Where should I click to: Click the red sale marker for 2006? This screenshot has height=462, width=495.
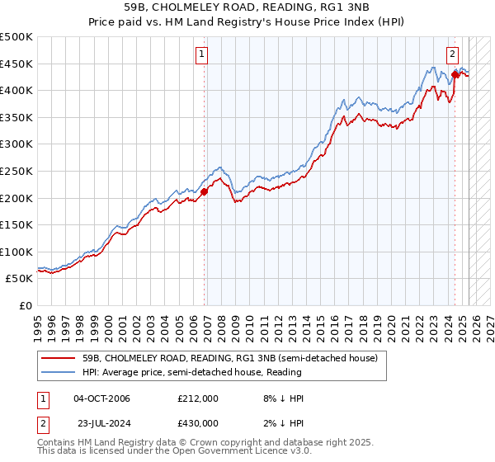(x=204, y=192)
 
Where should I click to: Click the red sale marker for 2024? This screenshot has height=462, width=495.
(x=455, y=74)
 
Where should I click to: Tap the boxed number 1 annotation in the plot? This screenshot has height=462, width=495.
(x=202, y=55)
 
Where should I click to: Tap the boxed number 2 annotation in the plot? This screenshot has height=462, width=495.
(x=453, y=55)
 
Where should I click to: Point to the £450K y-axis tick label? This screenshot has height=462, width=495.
(x=16, y=64)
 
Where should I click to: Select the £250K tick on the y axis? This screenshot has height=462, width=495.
(x=16, y=172)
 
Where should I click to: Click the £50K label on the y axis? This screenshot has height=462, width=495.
(x=20, y=279)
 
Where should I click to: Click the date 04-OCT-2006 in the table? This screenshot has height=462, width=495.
(x=101, y=398)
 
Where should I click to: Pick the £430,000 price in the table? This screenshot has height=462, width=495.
(x=198, y=425)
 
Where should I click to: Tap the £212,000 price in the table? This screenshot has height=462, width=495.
(x=198, y=398)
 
